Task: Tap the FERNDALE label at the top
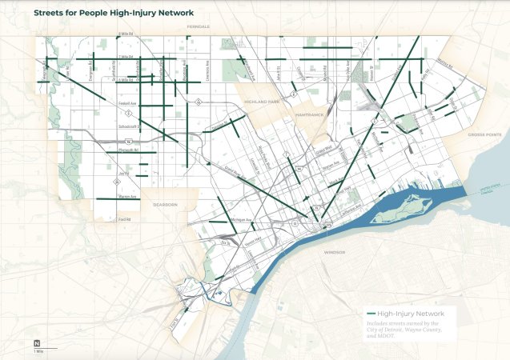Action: [x=199, y=26]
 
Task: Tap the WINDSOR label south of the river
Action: [x=335, y=252]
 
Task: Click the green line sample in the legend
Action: [x=370, y=314]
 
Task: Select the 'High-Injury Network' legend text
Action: [x=410, y=314]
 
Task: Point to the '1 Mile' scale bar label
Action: [x=39, y=351]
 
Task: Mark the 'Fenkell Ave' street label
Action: [x=126, y=103]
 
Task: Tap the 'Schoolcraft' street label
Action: [x=126, y=126]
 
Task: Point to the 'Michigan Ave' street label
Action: [x=241, y=218]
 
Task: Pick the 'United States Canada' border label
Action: [x=484, y=190]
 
